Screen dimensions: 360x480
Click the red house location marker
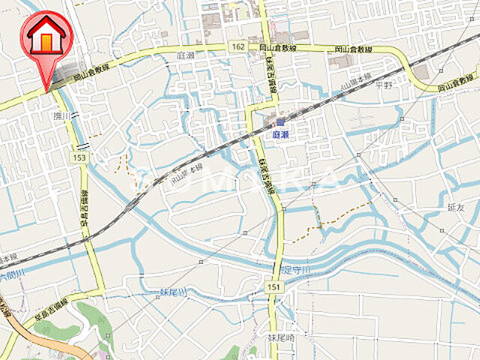tap(46, 37)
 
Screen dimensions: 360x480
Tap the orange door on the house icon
tap(46, 43)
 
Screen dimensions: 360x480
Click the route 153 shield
tap(79, 157)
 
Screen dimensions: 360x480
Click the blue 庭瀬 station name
tap(280, 133)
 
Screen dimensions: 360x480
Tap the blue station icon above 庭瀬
tap(280, 121)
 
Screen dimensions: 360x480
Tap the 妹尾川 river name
tap(173, 292)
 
